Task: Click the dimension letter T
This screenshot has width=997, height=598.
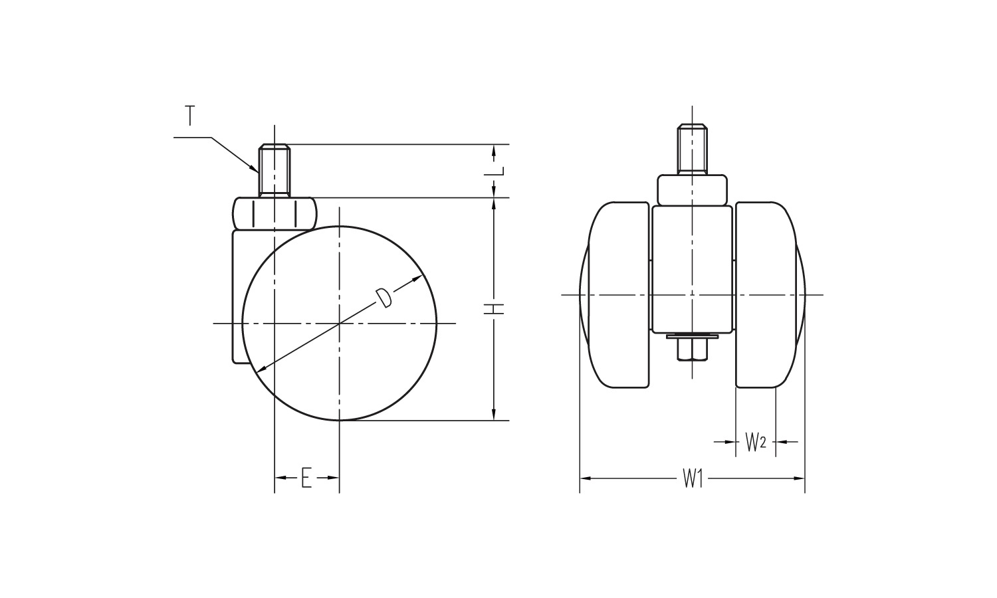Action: point(190,116)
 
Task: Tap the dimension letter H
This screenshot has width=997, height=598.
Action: point(494,309)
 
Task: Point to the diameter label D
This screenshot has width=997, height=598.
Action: point(384,298)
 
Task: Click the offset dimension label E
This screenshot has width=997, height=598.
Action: point(306,478)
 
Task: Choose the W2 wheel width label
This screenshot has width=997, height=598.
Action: point(755,442)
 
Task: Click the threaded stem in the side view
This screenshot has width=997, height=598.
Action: point(274,170)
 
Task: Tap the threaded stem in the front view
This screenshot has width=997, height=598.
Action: point(692,149)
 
